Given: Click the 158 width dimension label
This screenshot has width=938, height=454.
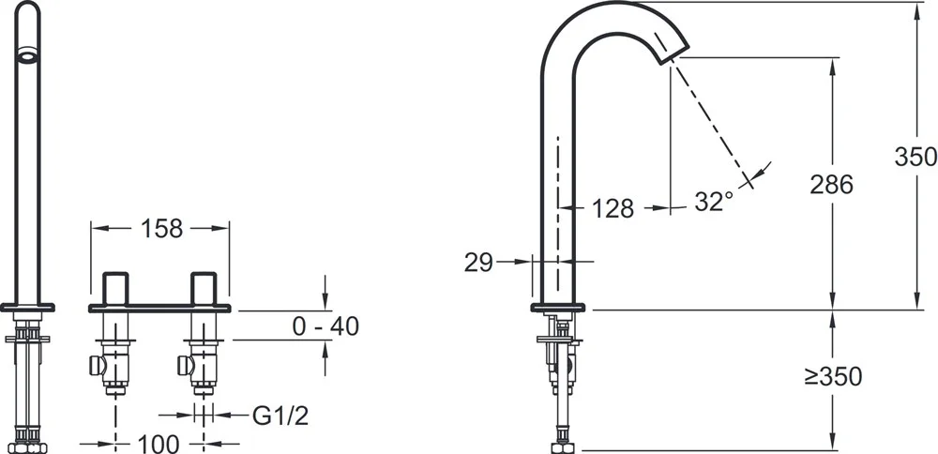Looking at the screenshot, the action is pyautogui.click(x=161, y=228).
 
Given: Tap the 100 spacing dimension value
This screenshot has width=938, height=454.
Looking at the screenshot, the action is pyautogui.click(x=159, y=444).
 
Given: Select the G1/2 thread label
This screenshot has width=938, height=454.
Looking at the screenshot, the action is pyautogui.click(x=280, y=416).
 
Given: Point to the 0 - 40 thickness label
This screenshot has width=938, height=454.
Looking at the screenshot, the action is pyautogui.click(x=325, y=326).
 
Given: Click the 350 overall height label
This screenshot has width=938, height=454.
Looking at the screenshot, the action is pyautogui.click(x=915, y=157).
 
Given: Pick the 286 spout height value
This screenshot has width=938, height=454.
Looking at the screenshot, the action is pyautogui.click(x=831, y=185).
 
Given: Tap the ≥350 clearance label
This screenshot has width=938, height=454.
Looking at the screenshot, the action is pyautogui.click(x=833, y=377).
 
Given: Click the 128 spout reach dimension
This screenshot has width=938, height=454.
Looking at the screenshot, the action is pyautogui.click(x=613, y=208).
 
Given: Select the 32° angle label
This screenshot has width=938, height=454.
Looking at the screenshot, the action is pyautogui.click(x=714, y=202).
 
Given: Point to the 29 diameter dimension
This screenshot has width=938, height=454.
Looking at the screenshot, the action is pyautogui.click(x=478, y=262).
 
